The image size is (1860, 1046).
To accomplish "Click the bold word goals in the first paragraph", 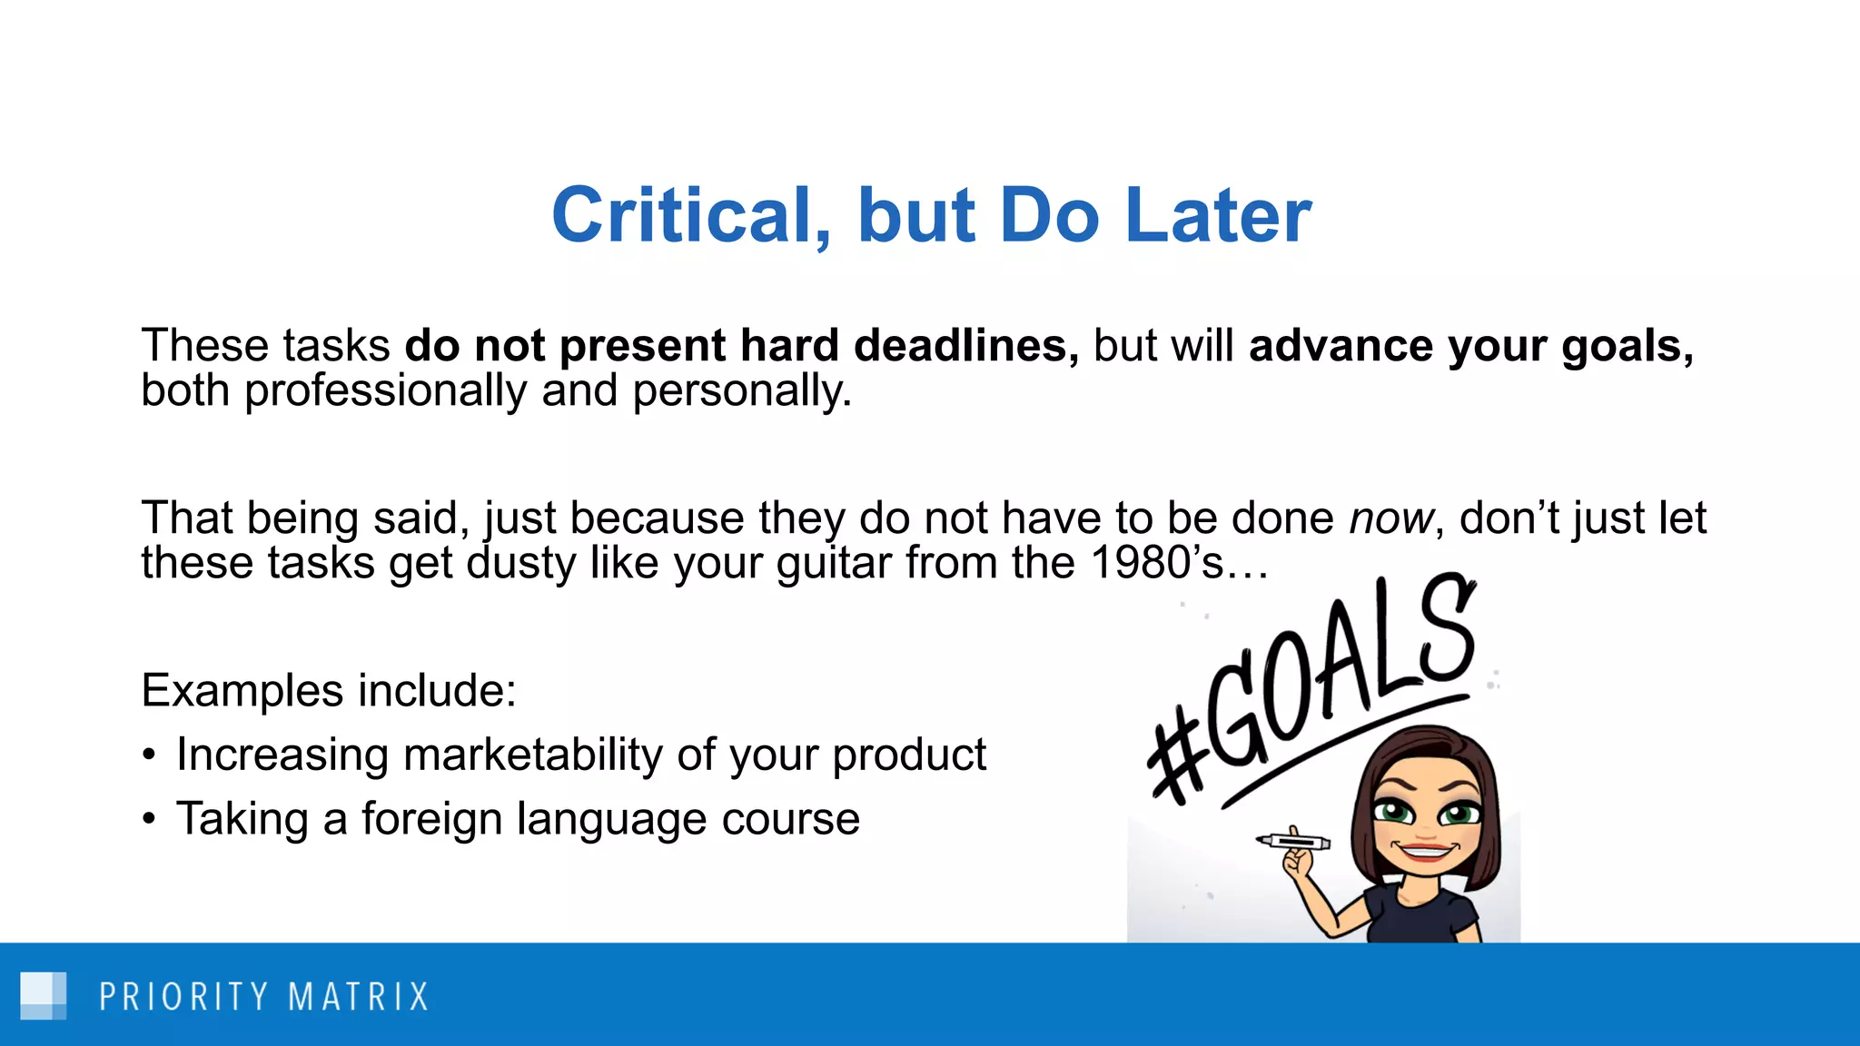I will point(1626,346).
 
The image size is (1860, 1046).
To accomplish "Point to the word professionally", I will point(386,391).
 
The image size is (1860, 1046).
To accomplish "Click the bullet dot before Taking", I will point(150,819).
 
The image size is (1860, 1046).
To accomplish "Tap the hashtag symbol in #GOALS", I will point(1176,758).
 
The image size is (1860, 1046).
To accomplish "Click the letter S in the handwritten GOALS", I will point(1444,631).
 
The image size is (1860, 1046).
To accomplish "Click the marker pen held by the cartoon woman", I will point(1293,842).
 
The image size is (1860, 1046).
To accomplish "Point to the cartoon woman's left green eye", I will point(1391,811).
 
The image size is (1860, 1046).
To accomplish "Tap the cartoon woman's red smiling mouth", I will point(1424,851).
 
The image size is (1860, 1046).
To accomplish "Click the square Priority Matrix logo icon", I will point(43,995).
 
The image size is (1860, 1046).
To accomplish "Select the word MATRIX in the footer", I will point(358,996).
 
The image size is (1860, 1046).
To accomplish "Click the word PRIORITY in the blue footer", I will point(183,996).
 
